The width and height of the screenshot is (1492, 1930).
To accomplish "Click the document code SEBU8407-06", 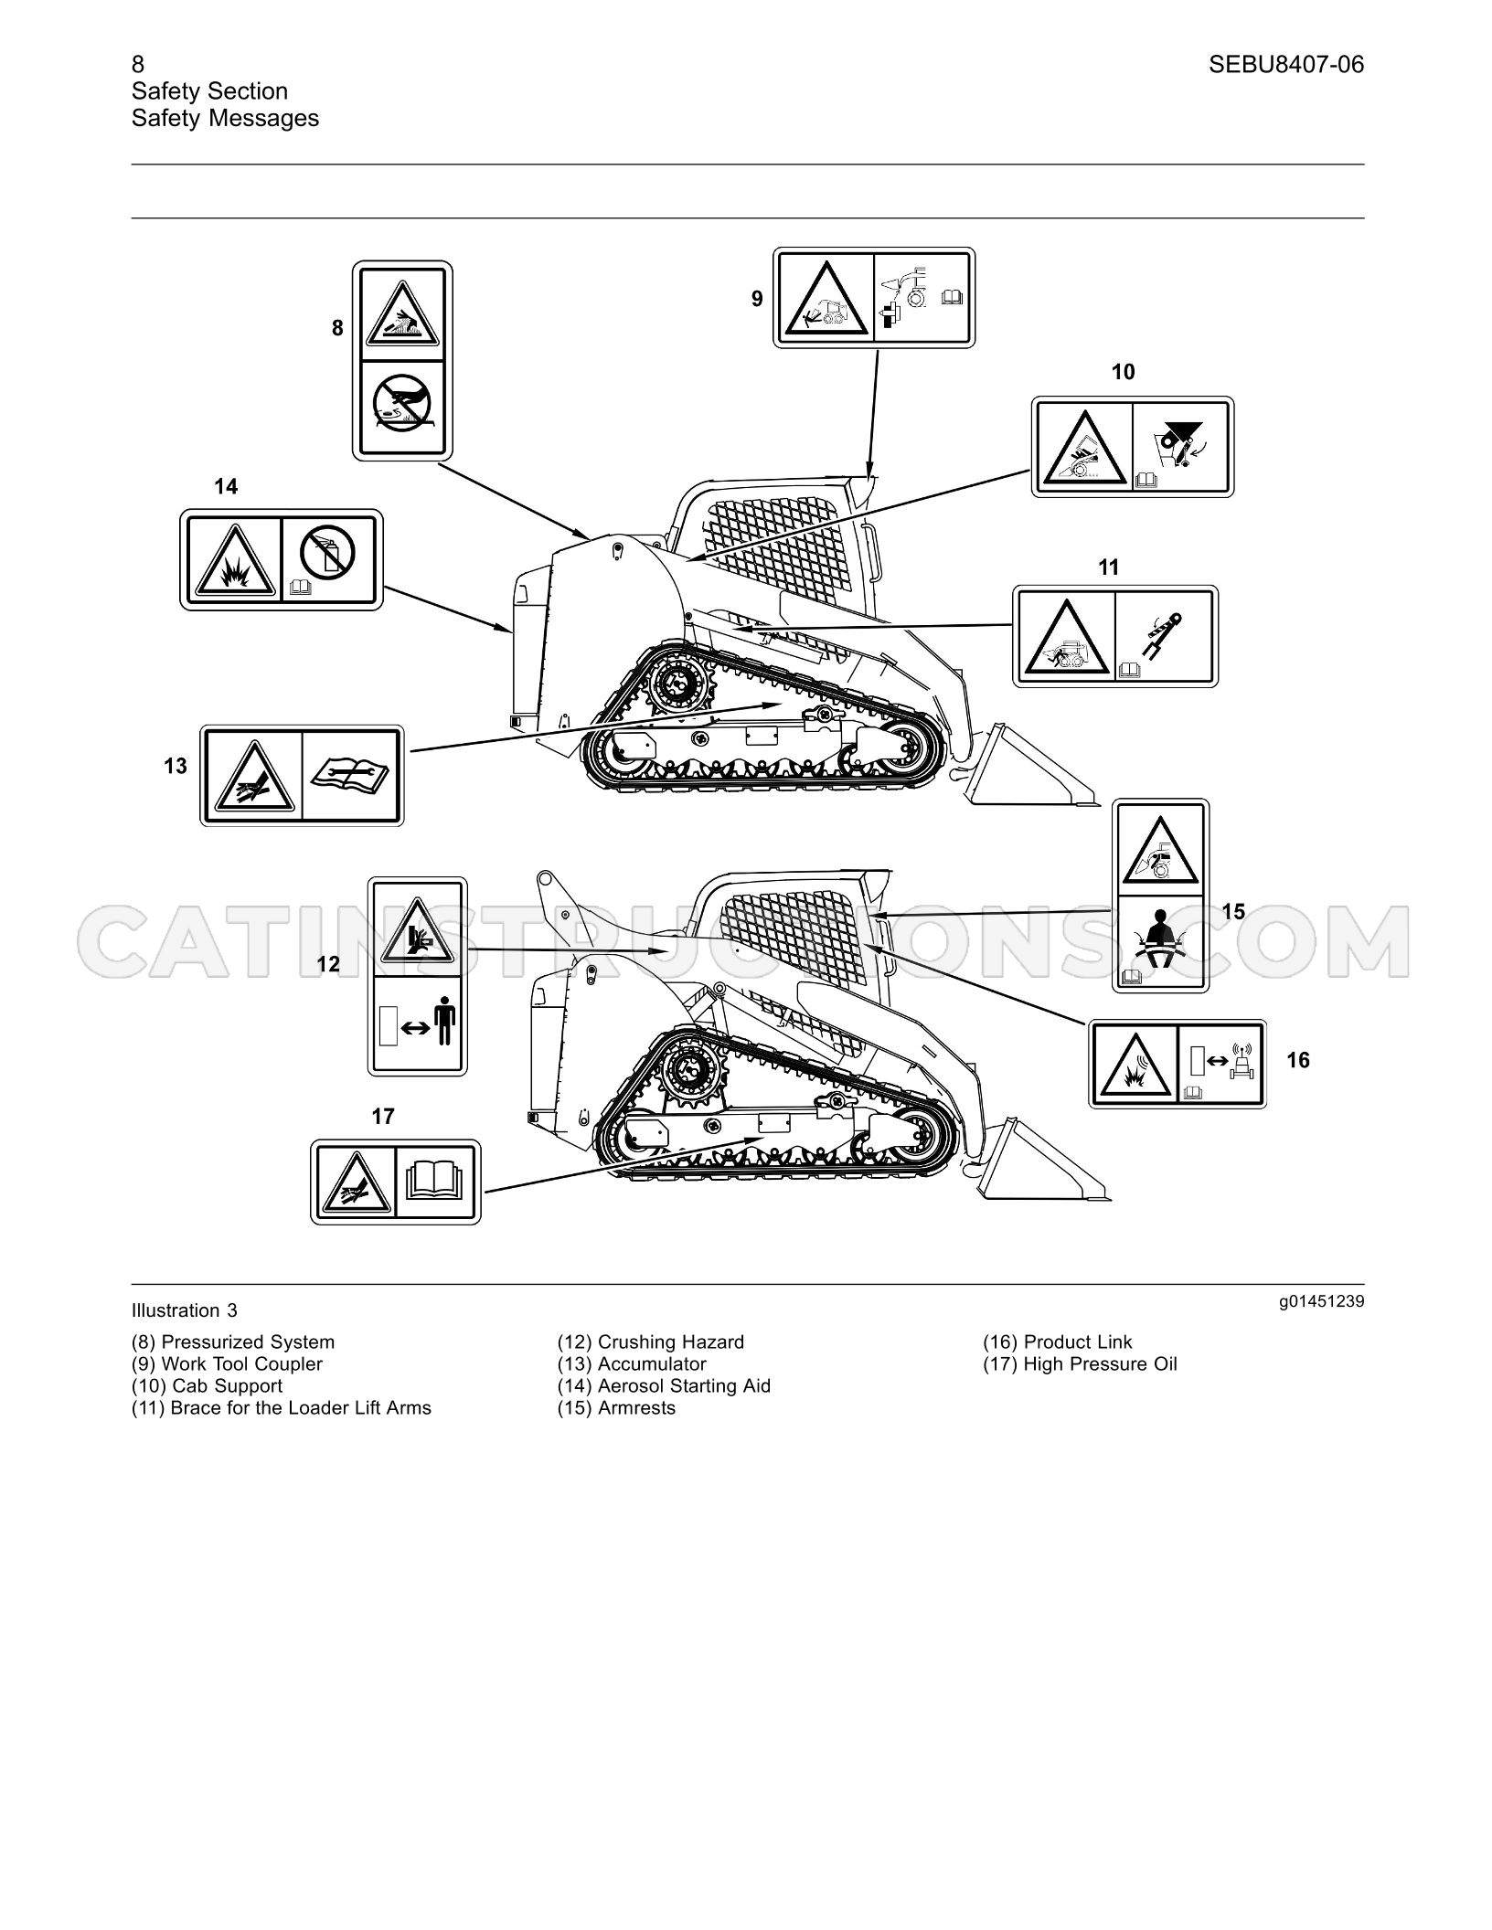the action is [x=1286, y=64].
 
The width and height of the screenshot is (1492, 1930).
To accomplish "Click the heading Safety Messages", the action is [x=225, y=118].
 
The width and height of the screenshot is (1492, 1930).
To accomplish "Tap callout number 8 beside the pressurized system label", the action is [x=337, y=327].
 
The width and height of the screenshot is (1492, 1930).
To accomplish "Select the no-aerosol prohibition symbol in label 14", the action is [x=326, y=552].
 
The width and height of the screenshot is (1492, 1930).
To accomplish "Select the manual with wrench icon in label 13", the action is [x=351, y=775].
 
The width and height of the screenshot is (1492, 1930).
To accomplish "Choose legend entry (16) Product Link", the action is [x=1058, y=1341].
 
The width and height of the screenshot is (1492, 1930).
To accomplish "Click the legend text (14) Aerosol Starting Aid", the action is [x=665, y=1385].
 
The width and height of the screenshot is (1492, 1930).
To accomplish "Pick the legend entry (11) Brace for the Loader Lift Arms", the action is [x=282, y=1407].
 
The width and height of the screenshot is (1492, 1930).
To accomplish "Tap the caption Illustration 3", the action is [x=185, y=1310].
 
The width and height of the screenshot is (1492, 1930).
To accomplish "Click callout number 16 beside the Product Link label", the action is [x=1298, y=1060].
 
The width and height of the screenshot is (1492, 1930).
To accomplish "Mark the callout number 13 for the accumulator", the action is [x=176, y=766].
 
